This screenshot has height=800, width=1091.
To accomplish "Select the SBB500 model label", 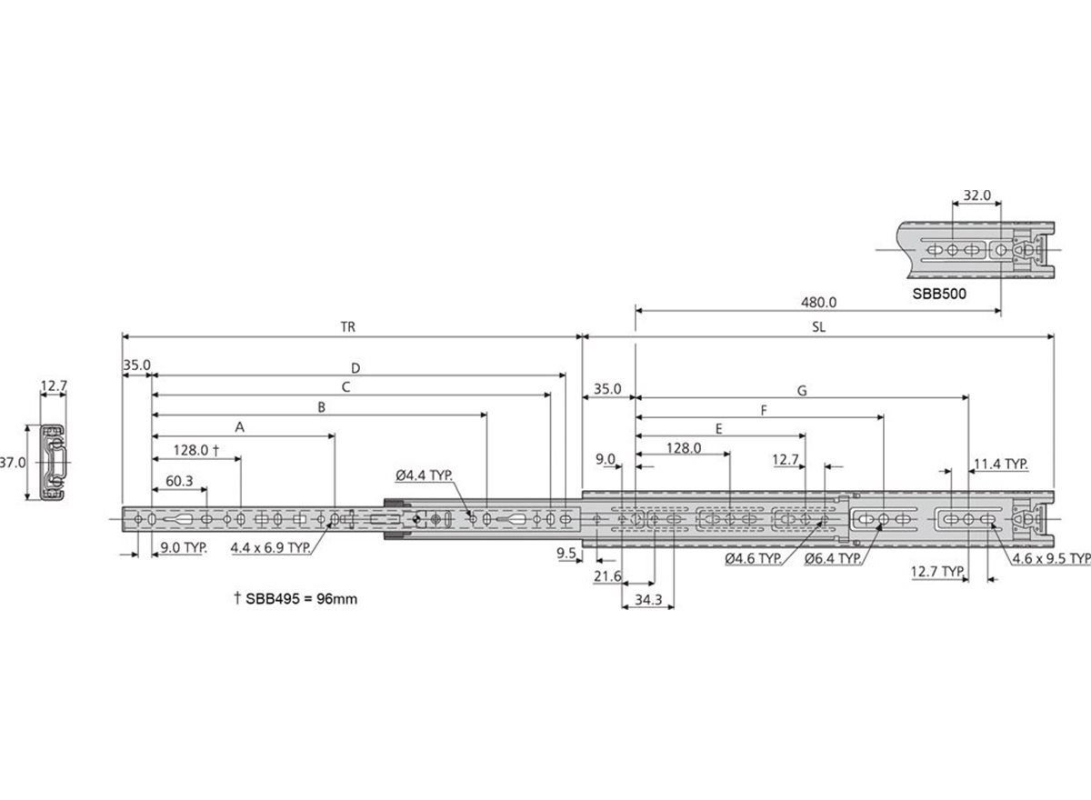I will (x=940, y=295).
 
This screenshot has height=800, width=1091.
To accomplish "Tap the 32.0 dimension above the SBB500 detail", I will (x=976, y=195).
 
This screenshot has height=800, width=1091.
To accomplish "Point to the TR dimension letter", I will (x=348, y=326).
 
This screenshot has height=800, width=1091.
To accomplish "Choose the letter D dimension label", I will (x=356, y=368).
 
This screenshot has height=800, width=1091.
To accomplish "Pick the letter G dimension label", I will (x=802, y=391).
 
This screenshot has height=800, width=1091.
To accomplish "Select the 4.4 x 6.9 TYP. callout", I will (x=270, y=548).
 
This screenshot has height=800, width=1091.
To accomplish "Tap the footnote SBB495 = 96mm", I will (x=295, y=600).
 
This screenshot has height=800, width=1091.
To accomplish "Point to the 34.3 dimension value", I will (x=647, y=600).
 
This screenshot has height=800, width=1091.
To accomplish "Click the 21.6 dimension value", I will (x=607, y=576).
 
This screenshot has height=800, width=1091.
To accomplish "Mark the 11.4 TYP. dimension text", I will (x=1001, y=464).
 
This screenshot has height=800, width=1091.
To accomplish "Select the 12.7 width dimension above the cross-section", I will (x=54, y=387).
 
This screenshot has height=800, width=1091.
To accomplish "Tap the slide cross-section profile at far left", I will (x=53, y=462).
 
